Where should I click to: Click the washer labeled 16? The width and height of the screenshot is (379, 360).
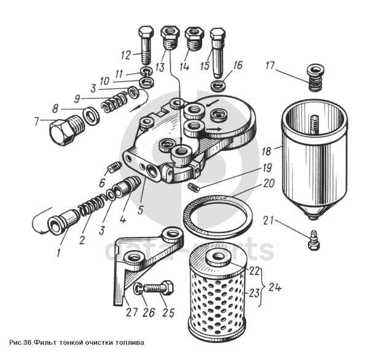pos(219,84)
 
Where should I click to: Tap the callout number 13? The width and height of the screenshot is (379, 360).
pos(160,66)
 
